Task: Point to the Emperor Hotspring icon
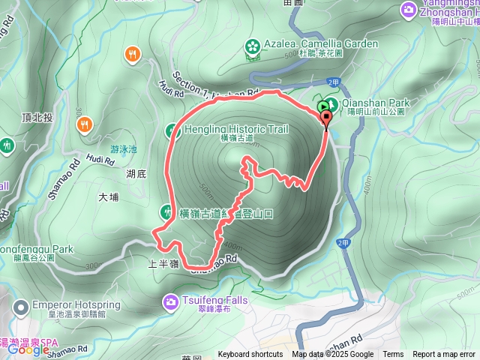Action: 20,306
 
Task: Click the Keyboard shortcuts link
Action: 250,355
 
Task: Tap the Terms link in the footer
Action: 393,355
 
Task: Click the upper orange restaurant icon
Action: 133,53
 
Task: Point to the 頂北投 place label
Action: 37,118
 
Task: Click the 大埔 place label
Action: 108,197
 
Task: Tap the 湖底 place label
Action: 136,174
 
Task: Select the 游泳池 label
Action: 124,149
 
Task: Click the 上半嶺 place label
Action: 162,263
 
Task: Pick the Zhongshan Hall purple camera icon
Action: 409,9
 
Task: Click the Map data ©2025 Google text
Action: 333,355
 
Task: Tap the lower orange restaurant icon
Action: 86,124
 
